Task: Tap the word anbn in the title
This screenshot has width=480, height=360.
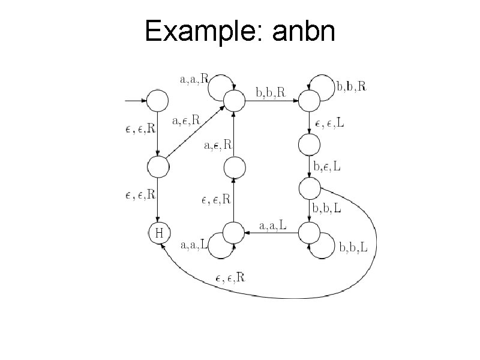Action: pyautogui.click(x=303, y=31)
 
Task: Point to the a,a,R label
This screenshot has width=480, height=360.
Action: pyautogui.click(x=194, y=78)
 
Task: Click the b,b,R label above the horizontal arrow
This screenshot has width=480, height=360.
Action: pyautogui.click(x=271, y=92)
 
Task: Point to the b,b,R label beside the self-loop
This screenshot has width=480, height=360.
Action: pyautogui.click(x=352, y=86)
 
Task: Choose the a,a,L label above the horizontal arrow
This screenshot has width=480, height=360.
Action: pyautogui.click(x=273, y=225)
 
